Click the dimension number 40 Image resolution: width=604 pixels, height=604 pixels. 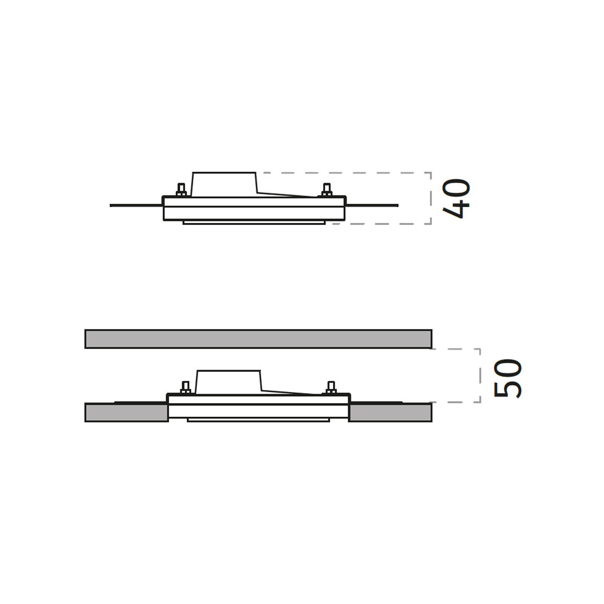click(456, 198)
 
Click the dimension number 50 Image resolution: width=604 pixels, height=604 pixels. click(507, 379)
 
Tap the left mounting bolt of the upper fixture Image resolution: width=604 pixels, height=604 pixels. click(181, 190)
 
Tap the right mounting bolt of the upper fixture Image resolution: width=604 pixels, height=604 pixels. click(327, 190)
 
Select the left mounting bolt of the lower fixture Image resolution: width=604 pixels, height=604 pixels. click(186, 388)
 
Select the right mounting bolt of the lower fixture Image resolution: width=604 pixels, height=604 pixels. click(331, 388)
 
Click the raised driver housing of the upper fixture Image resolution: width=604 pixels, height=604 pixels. click(224, 184)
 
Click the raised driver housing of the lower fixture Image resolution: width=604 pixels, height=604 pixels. click(229, 382)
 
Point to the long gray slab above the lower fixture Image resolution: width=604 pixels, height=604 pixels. click(258, 339)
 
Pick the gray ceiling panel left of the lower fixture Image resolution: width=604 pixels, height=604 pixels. click(126, 413)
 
